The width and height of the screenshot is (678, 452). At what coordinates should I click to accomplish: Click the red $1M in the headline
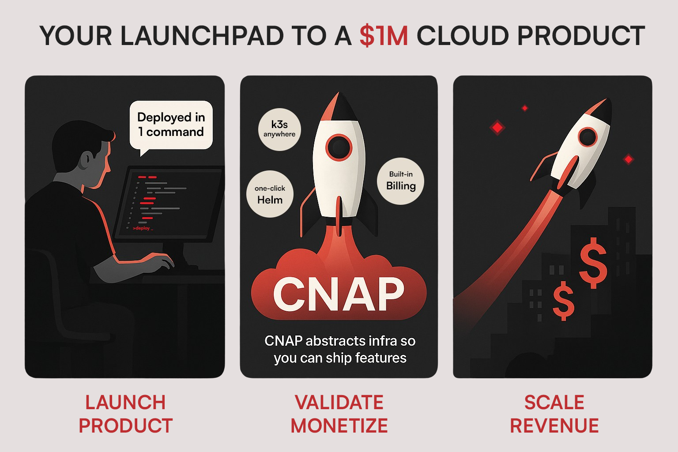click(384, 36)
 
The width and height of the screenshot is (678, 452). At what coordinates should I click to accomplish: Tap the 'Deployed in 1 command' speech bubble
click(171, 125)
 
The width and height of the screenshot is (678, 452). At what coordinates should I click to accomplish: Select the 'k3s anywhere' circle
click(279, 129)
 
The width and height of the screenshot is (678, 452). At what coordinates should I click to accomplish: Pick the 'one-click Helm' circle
click(270, 194)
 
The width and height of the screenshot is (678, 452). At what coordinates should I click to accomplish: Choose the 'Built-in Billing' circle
click(401, 181)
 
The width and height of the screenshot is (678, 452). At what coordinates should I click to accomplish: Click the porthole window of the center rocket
click(339, 147)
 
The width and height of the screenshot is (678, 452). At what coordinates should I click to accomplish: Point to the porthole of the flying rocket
click(588, 137)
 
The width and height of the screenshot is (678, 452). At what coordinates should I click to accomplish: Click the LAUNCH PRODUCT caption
click(125, 414)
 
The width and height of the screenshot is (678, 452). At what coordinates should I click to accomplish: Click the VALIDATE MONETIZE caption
click(339, 414)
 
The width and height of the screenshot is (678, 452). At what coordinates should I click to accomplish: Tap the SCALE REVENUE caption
click(554, 414)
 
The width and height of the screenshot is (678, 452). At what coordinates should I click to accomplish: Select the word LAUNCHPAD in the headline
click(202, 36)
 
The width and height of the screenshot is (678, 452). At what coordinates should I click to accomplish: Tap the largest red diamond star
click(497, 128)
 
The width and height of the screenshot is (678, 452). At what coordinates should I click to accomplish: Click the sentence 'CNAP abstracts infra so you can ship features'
click(339, 349)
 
